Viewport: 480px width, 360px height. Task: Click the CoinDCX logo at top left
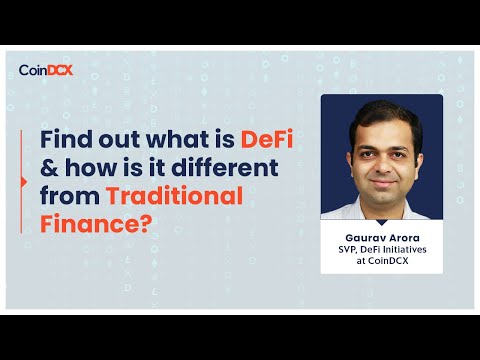point(46,70)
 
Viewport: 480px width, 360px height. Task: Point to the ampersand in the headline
point(51,168)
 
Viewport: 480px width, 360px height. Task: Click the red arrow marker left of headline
point(23,182)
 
